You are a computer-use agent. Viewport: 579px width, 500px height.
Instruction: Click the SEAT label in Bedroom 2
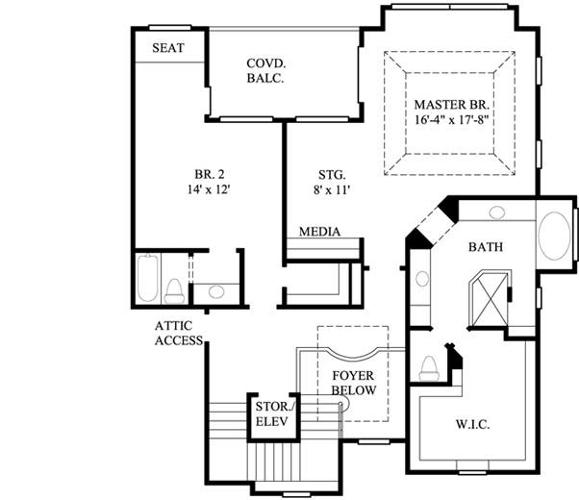pos(168,47)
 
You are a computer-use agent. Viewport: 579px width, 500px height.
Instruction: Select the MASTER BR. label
pos(451,104)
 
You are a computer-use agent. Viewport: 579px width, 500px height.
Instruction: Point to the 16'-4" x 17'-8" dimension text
pos(451,121)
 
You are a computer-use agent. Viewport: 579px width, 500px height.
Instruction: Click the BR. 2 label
pos(209,174)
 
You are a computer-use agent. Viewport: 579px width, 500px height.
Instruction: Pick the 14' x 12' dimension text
pos(209,190)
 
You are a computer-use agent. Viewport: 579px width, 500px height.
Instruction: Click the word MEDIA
pos(319,232)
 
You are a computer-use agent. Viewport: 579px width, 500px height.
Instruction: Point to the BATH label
pos(486,247)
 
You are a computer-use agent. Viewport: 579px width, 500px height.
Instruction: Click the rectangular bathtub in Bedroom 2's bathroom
pos(148,278)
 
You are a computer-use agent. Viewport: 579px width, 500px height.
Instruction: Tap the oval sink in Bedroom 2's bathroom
pos(216,290)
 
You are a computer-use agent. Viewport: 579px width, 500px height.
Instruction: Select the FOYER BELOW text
pos(352,383)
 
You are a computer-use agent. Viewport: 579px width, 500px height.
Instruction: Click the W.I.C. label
pos(474,424)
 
